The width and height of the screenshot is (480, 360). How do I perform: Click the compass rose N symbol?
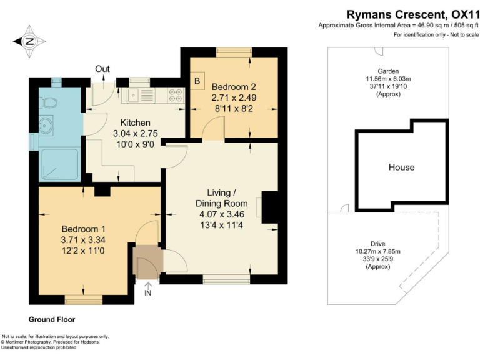pos(29,41)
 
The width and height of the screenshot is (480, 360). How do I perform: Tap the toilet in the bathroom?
pos(48,102)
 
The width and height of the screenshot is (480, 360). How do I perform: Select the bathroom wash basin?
pos(46,125)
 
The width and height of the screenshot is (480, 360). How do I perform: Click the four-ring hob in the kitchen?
pos(176,95)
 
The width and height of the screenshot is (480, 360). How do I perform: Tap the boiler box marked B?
pos(197,81)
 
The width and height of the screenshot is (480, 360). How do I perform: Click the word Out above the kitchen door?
pos(102,69)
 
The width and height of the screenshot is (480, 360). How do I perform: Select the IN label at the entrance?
pos(148,293)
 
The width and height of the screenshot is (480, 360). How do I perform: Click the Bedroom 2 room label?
pos(234,87)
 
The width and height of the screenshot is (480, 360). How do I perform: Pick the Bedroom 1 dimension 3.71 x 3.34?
pos(83,240)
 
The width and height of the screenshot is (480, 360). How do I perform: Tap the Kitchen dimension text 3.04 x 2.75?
pos(135,134)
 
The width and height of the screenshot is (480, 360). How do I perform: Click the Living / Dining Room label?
pos(222,198)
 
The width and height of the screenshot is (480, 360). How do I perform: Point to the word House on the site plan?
pos(402,167)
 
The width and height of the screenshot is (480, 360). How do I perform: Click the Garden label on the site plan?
pos(388,71)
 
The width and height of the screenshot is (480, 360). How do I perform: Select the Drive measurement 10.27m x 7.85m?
pos(378,252)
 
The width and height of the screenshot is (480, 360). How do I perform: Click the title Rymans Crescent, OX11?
pos(412,14)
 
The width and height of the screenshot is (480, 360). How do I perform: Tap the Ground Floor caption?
pos(52,319)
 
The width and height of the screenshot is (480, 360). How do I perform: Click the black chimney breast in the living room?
pos(270,207)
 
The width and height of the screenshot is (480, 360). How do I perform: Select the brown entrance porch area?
pos(148,262)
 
